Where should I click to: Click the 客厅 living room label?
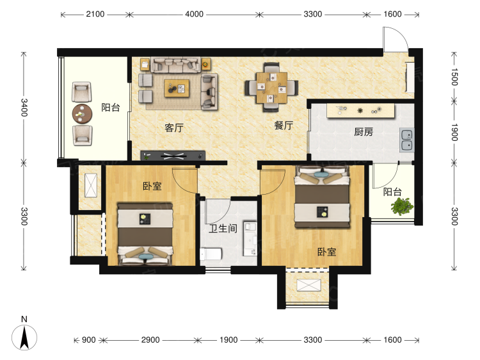pos(174,127)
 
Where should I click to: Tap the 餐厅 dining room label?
pos(284,126)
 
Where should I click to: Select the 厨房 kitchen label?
pos(364,132)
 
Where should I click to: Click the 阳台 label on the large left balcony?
pos(110,108)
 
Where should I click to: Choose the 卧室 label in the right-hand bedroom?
pos(326,252)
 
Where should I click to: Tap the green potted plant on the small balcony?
pos(402,206)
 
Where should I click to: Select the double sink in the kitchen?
pos(406,140)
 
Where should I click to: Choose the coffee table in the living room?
pos(178,87)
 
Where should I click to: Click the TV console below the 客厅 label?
pos(173,155)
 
